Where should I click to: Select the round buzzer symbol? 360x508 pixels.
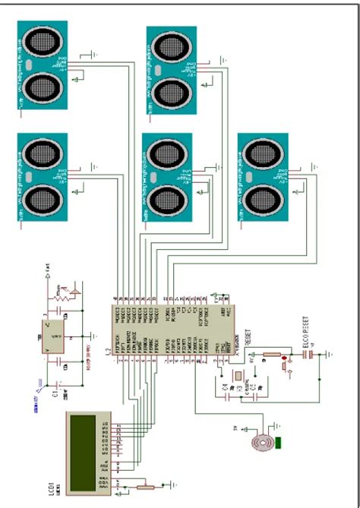coord(264,440)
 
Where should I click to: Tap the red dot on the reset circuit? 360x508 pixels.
coord(285,357)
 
